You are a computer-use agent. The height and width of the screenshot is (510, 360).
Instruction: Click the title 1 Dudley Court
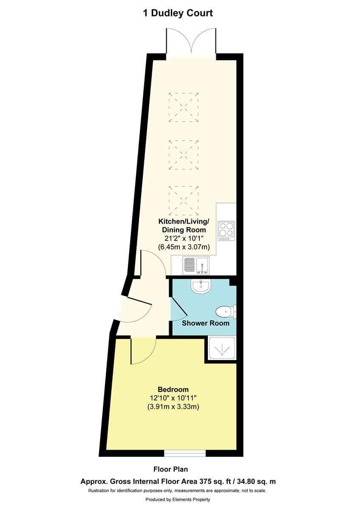click(x=178, y=13)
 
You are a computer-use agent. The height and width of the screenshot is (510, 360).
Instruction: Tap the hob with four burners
click(x=226, y=231)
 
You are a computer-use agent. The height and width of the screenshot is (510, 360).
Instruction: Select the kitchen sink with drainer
click(x=196, y=265)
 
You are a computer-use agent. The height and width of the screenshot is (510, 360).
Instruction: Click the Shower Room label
click(x=205, y=323)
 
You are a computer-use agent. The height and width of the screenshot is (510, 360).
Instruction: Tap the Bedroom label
click(x=173, y=389)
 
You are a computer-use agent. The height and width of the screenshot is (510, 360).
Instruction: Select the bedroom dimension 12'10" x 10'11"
click(x=173, y=398)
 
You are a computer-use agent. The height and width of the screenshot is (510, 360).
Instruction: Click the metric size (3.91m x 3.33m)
click(x=173, y=406)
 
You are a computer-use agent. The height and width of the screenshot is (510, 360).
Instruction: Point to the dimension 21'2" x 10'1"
click(x=184, y=238)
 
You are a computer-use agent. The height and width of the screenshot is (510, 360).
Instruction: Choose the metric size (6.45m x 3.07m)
click(x=184, y=247)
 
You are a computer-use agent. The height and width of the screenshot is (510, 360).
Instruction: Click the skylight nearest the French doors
click(x=184, y=107)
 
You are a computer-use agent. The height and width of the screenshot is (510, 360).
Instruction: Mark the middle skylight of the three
click(x=184, y=155)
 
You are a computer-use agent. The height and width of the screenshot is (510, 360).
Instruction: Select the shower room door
click(x=179, y=309)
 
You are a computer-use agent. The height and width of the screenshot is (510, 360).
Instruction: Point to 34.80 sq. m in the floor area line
click(x=257, y=482)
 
